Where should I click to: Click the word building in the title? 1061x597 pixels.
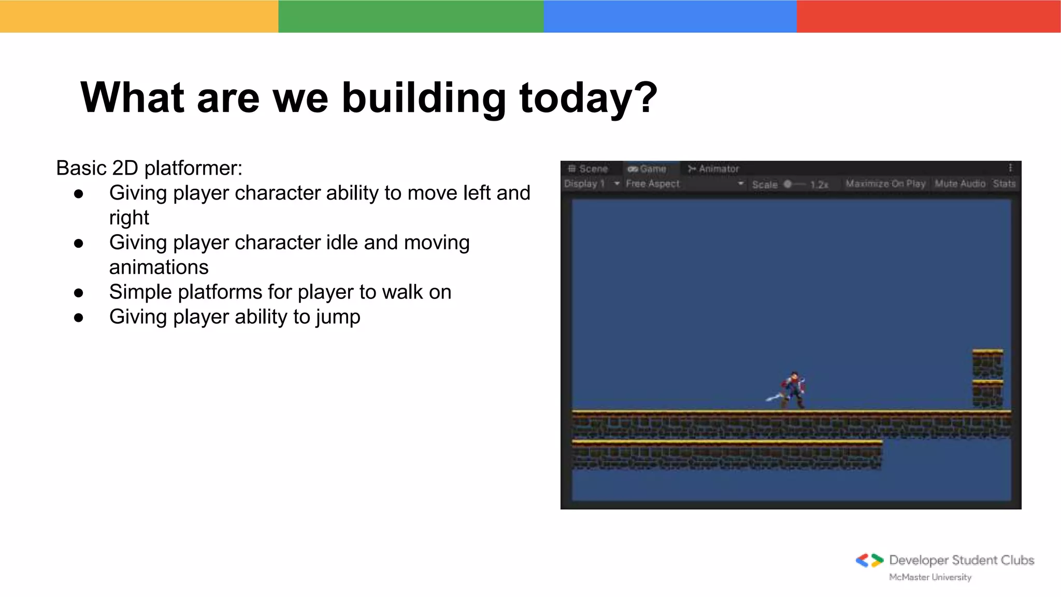pyautogui.click(x=423, y=98)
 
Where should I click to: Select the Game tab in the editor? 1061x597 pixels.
pyautogui.click(x=647, y=169)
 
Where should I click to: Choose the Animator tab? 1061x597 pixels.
pyautogui.click(x=713, y=169)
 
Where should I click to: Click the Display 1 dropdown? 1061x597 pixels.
pyautogui.click(x=591, y=184)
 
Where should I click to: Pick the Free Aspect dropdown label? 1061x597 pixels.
pyautogui.click(x=652, y=184)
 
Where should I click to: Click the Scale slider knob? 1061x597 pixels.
pyautogui.click(x=787, y=184)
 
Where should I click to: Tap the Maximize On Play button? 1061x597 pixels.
pyautogui.click(x=885, y=184)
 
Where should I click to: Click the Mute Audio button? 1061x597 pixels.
pyautogui.click(x=959, y=184)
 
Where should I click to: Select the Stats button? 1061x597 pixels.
pyautogui.click(x=1004, y=184)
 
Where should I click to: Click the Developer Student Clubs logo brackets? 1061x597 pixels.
pyautogui.click(x=869, y=561)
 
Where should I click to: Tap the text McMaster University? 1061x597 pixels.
pyautogui.click(x=930, y=577)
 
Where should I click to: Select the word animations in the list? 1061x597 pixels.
pyautogui.click(x=159, y=267)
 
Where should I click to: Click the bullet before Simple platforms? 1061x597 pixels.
pyautogui.click(x=79, y=293)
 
